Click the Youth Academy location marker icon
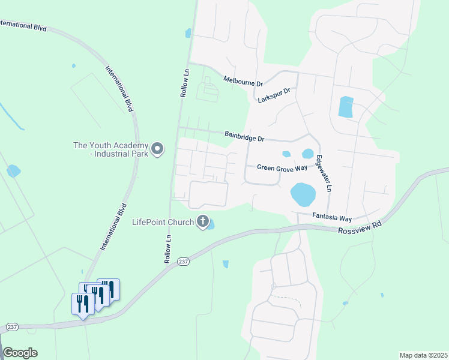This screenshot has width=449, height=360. pyautogui.click(x=157, y=149)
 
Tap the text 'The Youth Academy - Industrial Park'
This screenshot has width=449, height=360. pyautogui.click(x=110, y=149)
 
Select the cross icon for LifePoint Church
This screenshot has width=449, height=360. pyautogui.click(x=203, y=223)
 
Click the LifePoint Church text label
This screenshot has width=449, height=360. pyautogui.click(x=163, y=223)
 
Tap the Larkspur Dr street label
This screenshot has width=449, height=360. pyautogui.click(x=274, y=95)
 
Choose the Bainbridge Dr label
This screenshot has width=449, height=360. pyautogui.click(x=244, y=136)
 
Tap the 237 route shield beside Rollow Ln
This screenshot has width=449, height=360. pyautogui.click(x=184, y=261)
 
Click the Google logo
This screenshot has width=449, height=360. pyautogui.click(x=20, y=353)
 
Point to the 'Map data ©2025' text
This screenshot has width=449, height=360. pyautogui.click(x=423, y=355)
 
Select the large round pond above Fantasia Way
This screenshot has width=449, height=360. pyautogui.click(x=303, y=194)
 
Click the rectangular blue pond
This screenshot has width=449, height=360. pyautogui.click(x=346, y=107)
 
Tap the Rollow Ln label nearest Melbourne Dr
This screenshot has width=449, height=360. pyautogui.click(x=184, y=82)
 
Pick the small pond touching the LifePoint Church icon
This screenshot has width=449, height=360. pyautogui.click(x=212, y=224)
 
